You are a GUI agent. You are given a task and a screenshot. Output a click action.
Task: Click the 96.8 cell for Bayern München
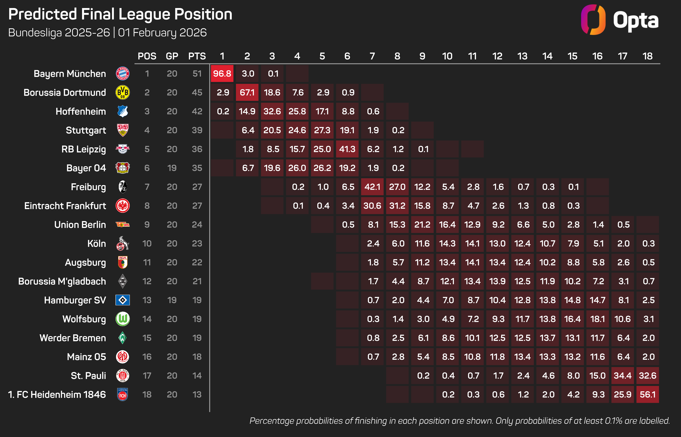222,74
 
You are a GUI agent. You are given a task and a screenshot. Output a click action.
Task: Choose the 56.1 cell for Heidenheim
647,394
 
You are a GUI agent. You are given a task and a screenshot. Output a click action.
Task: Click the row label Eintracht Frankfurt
65,206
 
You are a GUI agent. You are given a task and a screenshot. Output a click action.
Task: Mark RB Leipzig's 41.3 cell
347,149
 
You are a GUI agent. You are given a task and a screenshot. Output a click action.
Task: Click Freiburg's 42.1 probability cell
372,187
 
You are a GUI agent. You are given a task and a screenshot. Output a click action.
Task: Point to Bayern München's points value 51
197,74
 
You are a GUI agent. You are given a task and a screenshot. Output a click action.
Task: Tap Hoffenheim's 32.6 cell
272,111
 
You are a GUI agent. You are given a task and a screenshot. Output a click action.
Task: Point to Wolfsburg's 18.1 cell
597,319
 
